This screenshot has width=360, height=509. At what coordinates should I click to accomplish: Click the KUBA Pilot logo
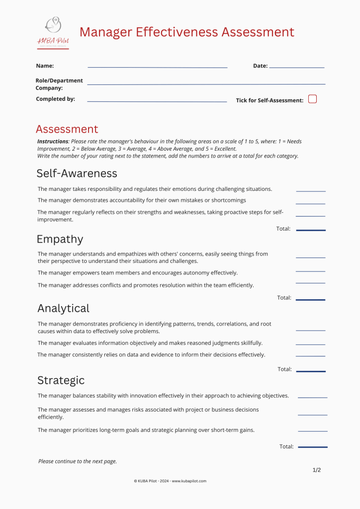coord(53,32)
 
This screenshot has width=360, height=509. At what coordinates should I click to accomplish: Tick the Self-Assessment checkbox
coord(312,99)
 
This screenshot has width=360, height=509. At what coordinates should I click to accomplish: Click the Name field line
coord(157,67)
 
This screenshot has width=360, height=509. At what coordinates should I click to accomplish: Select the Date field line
coord(296,67)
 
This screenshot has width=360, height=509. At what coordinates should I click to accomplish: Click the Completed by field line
coord(157,101)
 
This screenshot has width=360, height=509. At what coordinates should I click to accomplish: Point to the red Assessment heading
coord(67,129)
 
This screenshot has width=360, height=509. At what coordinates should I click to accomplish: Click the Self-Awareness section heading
coord(77,173)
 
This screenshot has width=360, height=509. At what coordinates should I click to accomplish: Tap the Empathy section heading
coord(60,239)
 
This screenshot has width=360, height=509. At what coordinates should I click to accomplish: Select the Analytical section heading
coord(63,308)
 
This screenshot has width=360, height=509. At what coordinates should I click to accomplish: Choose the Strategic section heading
coord(61,380)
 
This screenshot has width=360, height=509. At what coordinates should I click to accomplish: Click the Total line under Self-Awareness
coord(311,230)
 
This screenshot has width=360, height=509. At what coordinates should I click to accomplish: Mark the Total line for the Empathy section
coord(310,300)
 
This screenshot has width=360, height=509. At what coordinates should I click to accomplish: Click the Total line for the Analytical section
coord(311,371)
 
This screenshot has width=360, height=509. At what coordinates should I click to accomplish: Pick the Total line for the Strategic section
coord(313,447)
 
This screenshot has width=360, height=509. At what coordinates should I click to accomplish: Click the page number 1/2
coord(317,470)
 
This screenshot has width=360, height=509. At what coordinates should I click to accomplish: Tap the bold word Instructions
coord(52,142)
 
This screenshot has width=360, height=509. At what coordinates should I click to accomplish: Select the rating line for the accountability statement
coord(310,203)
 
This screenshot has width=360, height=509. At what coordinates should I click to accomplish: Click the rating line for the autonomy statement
coord(310,271)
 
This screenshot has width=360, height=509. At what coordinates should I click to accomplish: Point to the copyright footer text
coord(170,481)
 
